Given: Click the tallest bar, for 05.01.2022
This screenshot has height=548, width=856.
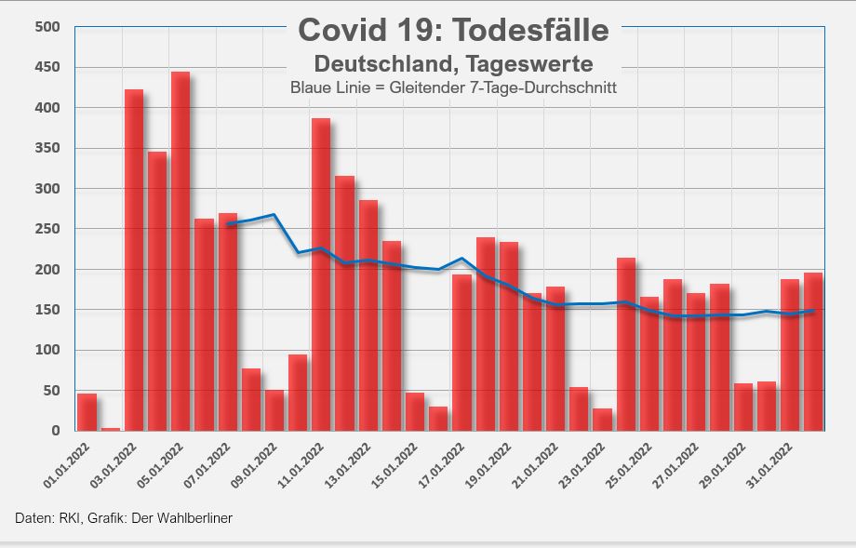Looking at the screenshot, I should (181, 251).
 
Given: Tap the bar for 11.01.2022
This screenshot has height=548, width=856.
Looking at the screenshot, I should (321, 274).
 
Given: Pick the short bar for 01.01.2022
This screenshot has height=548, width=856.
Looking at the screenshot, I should (87, 412).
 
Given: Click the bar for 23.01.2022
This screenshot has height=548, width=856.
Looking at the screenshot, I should (603, 420).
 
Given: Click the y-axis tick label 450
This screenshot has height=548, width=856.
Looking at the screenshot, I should (47, 68).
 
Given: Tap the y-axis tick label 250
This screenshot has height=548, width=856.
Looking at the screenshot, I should (47, 229).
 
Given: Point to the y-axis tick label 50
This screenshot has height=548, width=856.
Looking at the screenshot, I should (51, 391).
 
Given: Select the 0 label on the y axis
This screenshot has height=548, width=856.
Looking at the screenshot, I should (56, 431).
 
